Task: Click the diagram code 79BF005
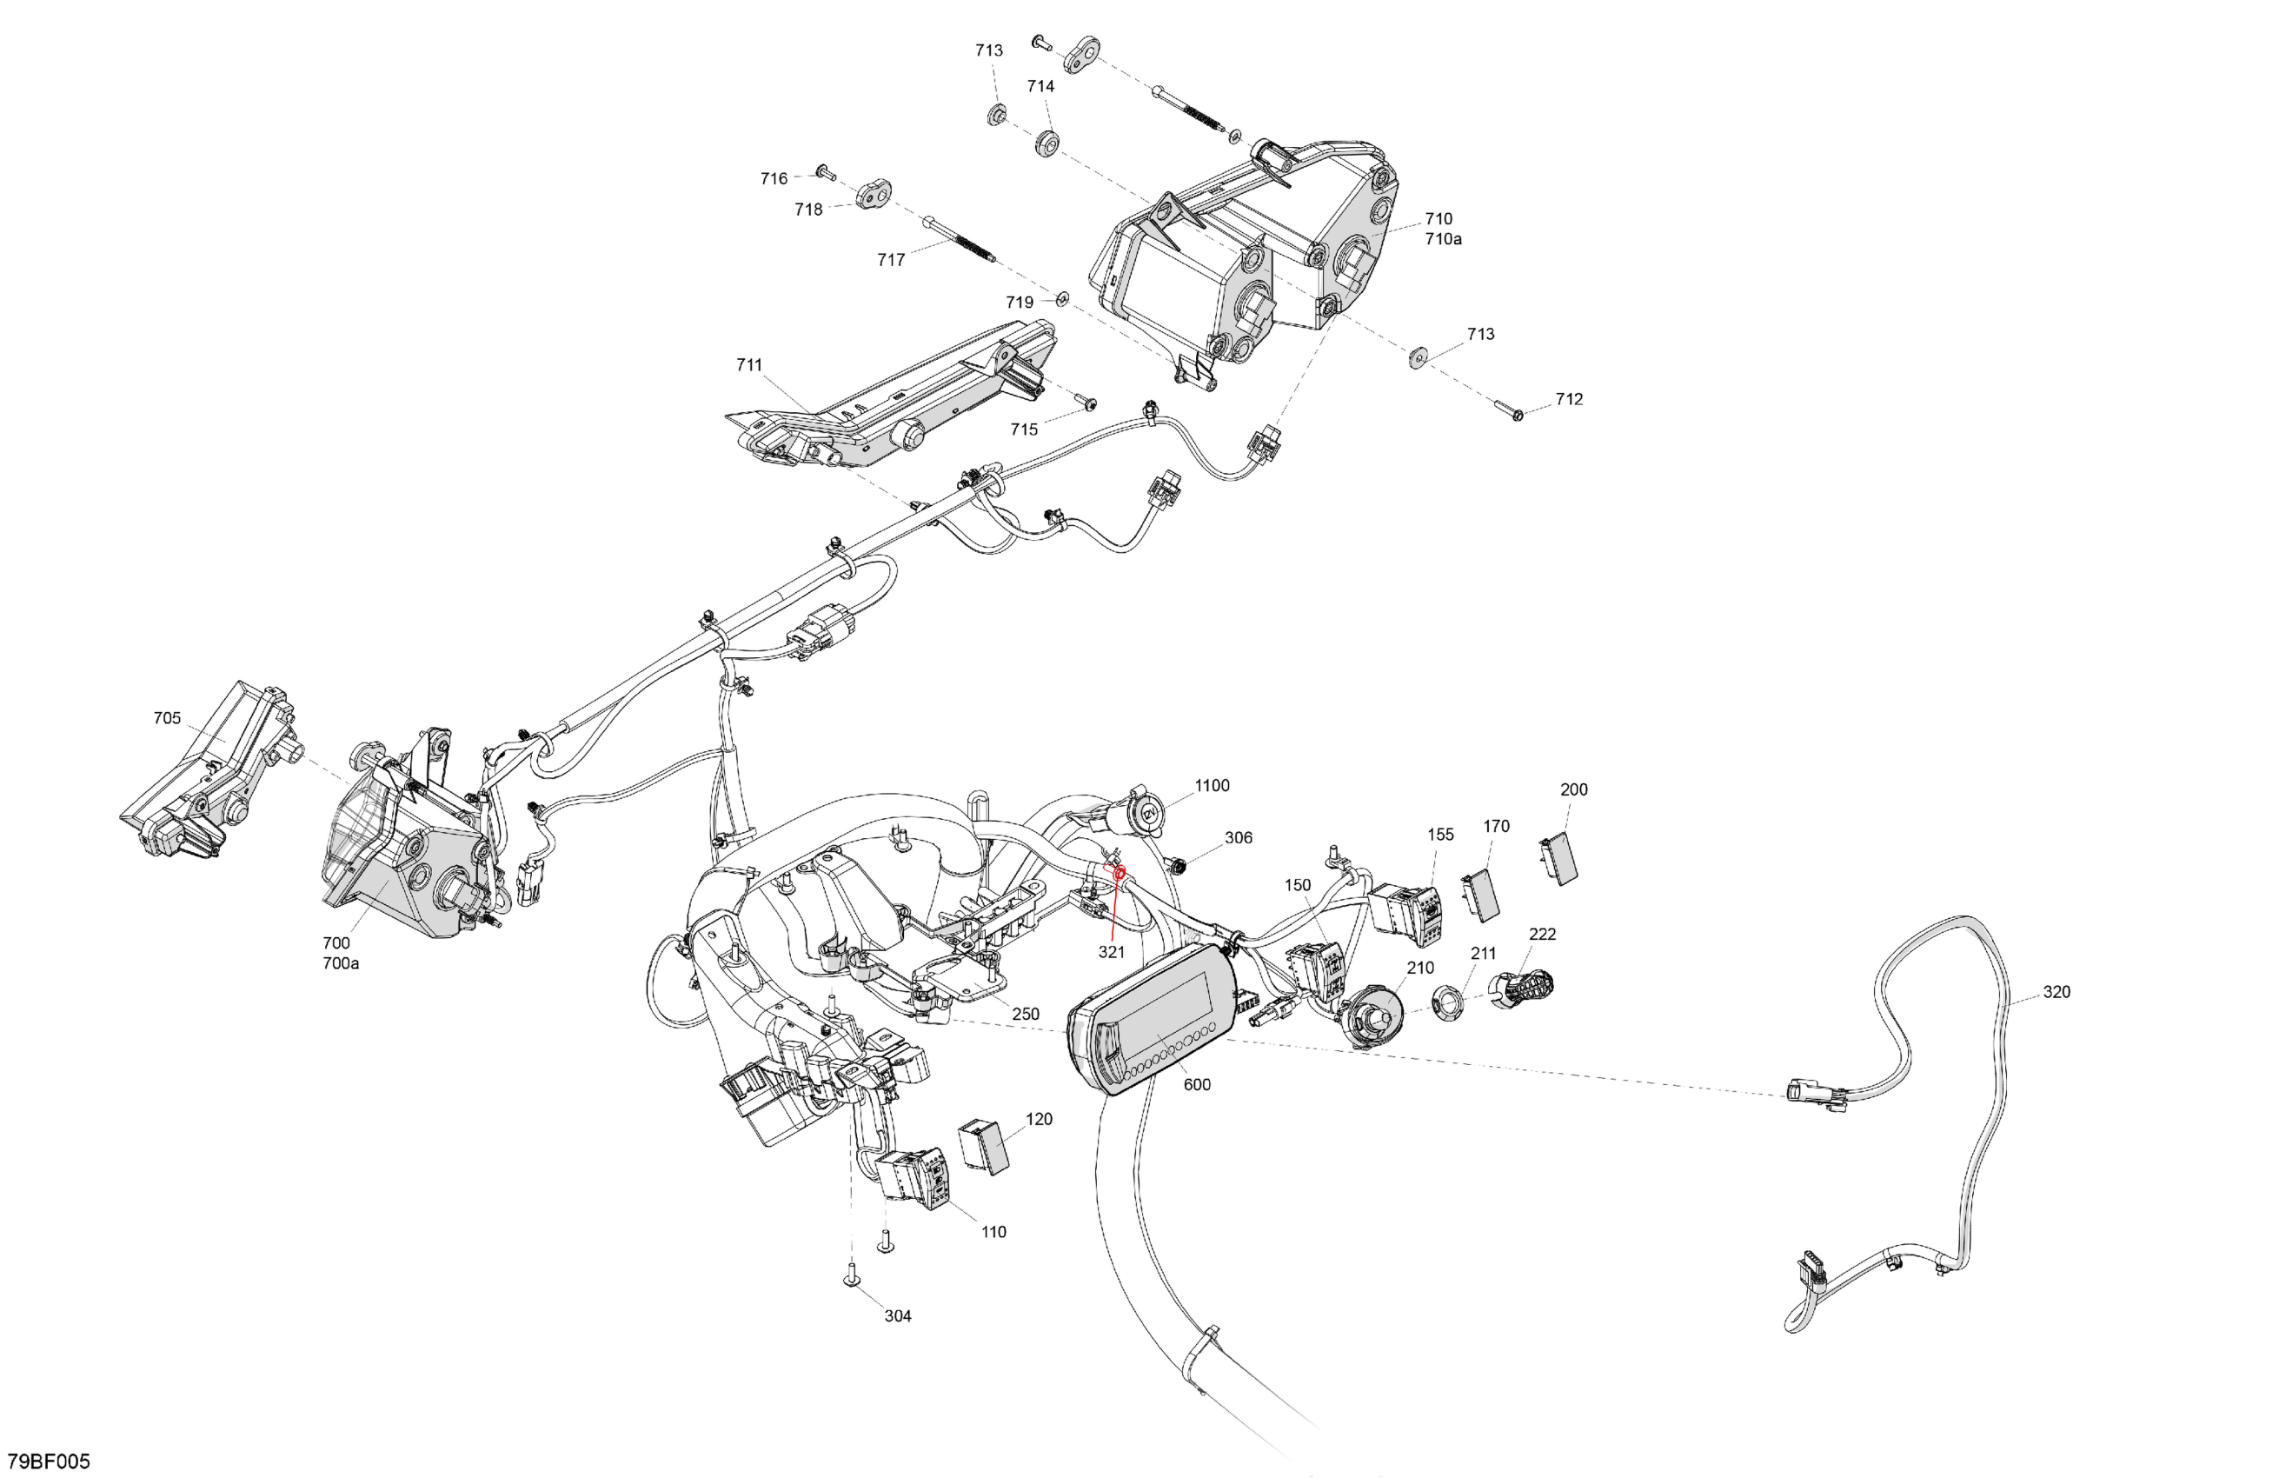(x=49, y=1461)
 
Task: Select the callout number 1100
(x=1212, y=785)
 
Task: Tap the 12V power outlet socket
(x=1146, y=816)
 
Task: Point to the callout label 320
(x=2056, y=991)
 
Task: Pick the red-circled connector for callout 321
(x=1117, y=874)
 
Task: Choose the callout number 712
(x=1569, y=399)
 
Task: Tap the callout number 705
(x=167, y=718)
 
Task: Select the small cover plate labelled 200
(x=1561, y=857)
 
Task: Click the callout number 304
(x=897, y=1316)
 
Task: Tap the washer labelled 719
(x=1062, y=301)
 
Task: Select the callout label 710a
(x=1443, y=239)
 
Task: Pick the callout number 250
(x=1025, y=1015)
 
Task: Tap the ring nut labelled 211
(x=1448, y=1002)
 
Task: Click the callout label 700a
(x=340, y=963)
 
